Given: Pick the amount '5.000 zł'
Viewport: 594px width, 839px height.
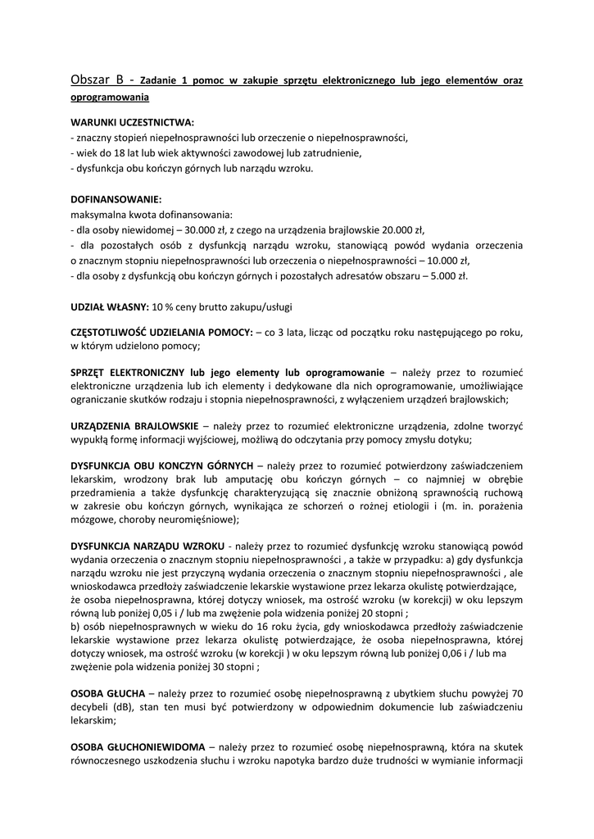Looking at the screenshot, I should [x=449, y=276].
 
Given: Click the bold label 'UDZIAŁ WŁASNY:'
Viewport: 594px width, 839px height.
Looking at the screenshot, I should [x=110, y=306].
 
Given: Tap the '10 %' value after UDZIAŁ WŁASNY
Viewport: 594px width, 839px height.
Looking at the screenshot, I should [x=163, y=306].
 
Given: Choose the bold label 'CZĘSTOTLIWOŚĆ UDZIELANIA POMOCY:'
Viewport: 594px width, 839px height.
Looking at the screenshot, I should [x=162, y=333].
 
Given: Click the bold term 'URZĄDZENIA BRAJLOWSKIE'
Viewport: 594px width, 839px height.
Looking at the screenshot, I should [x=134, y=426].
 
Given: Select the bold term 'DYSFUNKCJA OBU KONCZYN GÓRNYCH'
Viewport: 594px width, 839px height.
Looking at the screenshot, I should [x=162, y=465].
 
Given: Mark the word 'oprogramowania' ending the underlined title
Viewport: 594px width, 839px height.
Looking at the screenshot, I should [x=110, y=97].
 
